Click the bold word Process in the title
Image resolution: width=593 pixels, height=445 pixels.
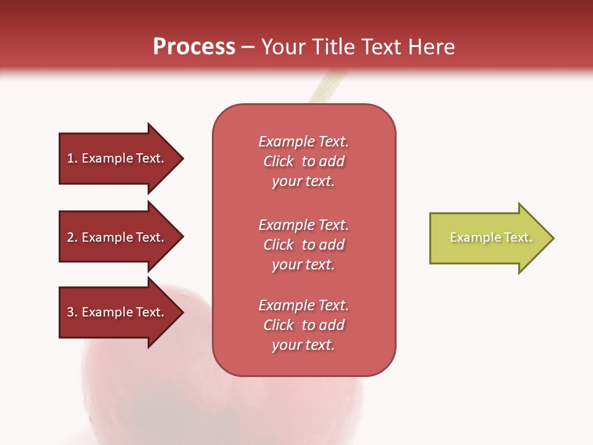click(194, 47)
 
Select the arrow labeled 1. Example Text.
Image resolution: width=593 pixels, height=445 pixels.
click(117, 158)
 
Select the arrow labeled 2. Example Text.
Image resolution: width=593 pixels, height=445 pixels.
click(117, 237)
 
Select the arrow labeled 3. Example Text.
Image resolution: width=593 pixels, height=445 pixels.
click(117, 312)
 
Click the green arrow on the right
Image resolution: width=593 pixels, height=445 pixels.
click(488, 237)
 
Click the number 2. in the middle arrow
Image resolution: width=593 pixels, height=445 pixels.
click(72, 237)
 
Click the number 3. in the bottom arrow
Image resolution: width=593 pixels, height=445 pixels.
click(72, 312)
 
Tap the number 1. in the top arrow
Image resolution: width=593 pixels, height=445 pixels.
click(72, 158)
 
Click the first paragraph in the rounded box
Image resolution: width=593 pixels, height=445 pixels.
click(303, 161)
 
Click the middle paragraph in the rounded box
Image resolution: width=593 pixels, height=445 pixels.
click(303, 245)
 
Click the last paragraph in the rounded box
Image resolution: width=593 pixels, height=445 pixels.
click(303, 325)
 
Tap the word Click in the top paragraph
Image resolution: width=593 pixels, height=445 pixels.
click(279, 161)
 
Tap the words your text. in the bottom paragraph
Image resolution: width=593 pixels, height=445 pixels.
click(303, 345)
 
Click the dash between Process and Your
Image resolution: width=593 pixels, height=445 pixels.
click(248, 47)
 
